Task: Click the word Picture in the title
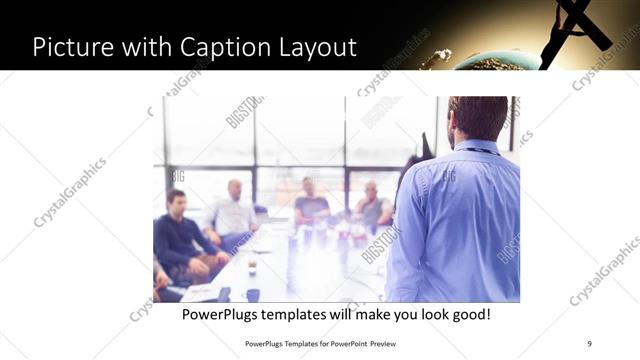(75, 46)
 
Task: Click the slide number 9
(589, 343)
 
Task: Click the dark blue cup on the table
(252, 295)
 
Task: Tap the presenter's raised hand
(428, 145)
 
